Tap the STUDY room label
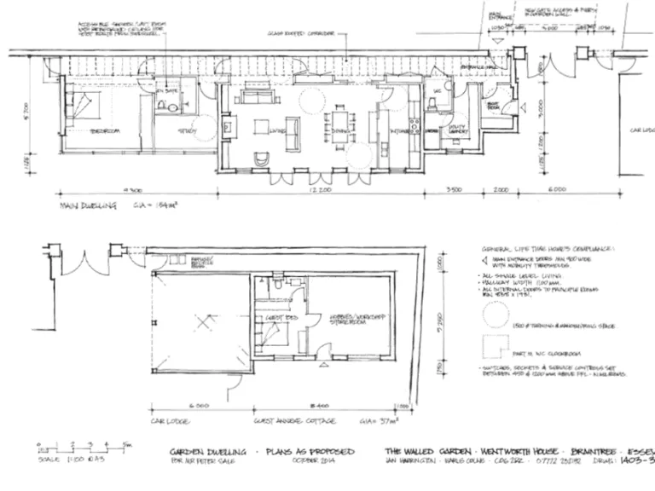pos(183,131)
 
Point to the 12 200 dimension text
pos(322,190)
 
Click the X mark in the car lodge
pos(202,322)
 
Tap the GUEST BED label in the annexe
pos(278,318)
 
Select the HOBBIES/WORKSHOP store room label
pos(348,320)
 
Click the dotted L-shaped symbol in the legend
pos(493,347)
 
